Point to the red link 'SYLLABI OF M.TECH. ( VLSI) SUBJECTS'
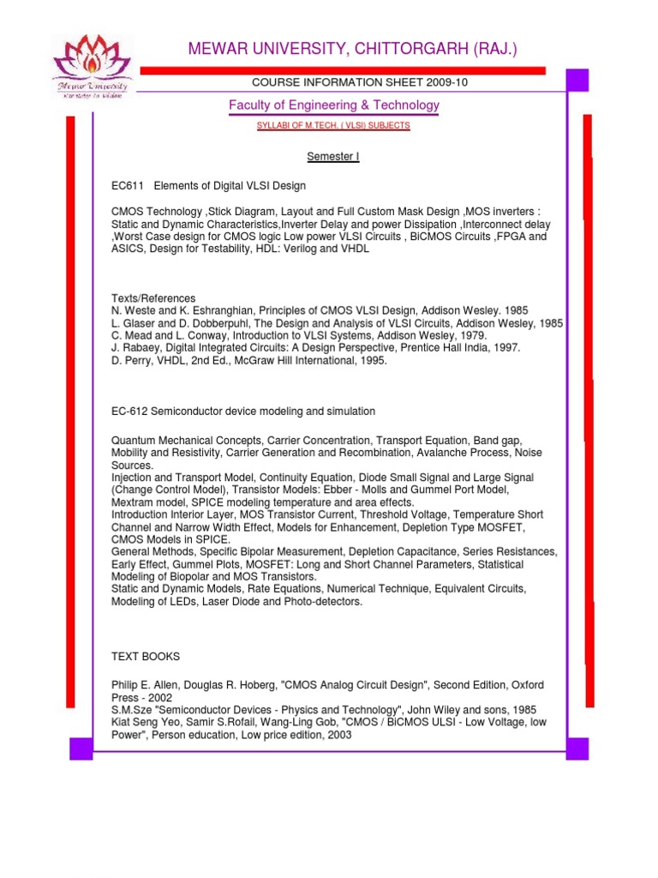coord(333,126)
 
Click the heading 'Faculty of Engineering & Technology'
coord(333,105)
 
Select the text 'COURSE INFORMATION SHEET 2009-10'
coord(358,82)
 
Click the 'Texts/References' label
coord(153,298)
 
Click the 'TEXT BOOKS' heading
coord(146,657)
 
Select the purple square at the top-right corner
coord(577,81)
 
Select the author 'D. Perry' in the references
coord(131,361)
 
